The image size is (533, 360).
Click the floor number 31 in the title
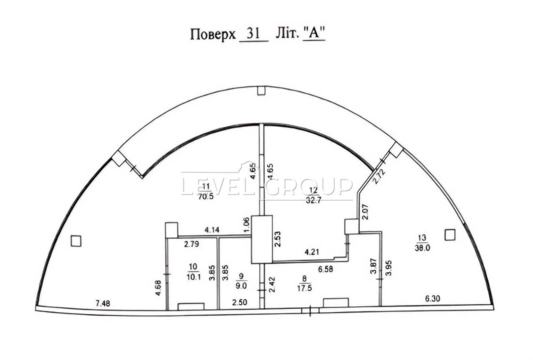[x=254, y=34]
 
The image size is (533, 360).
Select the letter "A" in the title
[x=314, y=34]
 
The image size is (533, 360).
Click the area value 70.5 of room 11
[x=206, y=197]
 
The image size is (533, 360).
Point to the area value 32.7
[x=313, y=200]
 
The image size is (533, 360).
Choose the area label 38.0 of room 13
[x=422, y=248]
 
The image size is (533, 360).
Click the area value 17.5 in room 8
[x=304, y=288]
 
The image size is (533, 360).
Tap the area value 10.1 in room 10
[x=193, y=277]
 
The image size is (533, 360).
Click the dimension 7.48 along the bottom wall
[x=103, y=303]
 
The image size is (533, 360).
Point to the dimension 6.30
[x=432, y=299]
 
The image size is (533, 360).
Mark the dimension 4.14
[x=212, y=230]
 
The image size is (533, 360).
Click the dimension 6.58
[x=326, y=269]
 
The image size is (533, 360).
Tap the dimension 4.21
[x=312, y=252]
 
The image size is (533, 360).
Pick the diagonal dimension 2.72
[x=378, y=177]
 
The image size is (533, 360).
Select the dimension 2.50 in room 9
[x=240, y=302]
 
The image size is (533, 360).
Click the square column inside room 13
[x=450, y=235]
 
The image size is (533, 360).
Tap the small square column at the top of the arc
[x=261, y=91]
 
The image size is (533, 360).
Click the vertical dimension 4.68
[x=158, y=288]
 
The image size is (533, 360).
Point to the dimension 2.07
[x=365, y=212]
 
